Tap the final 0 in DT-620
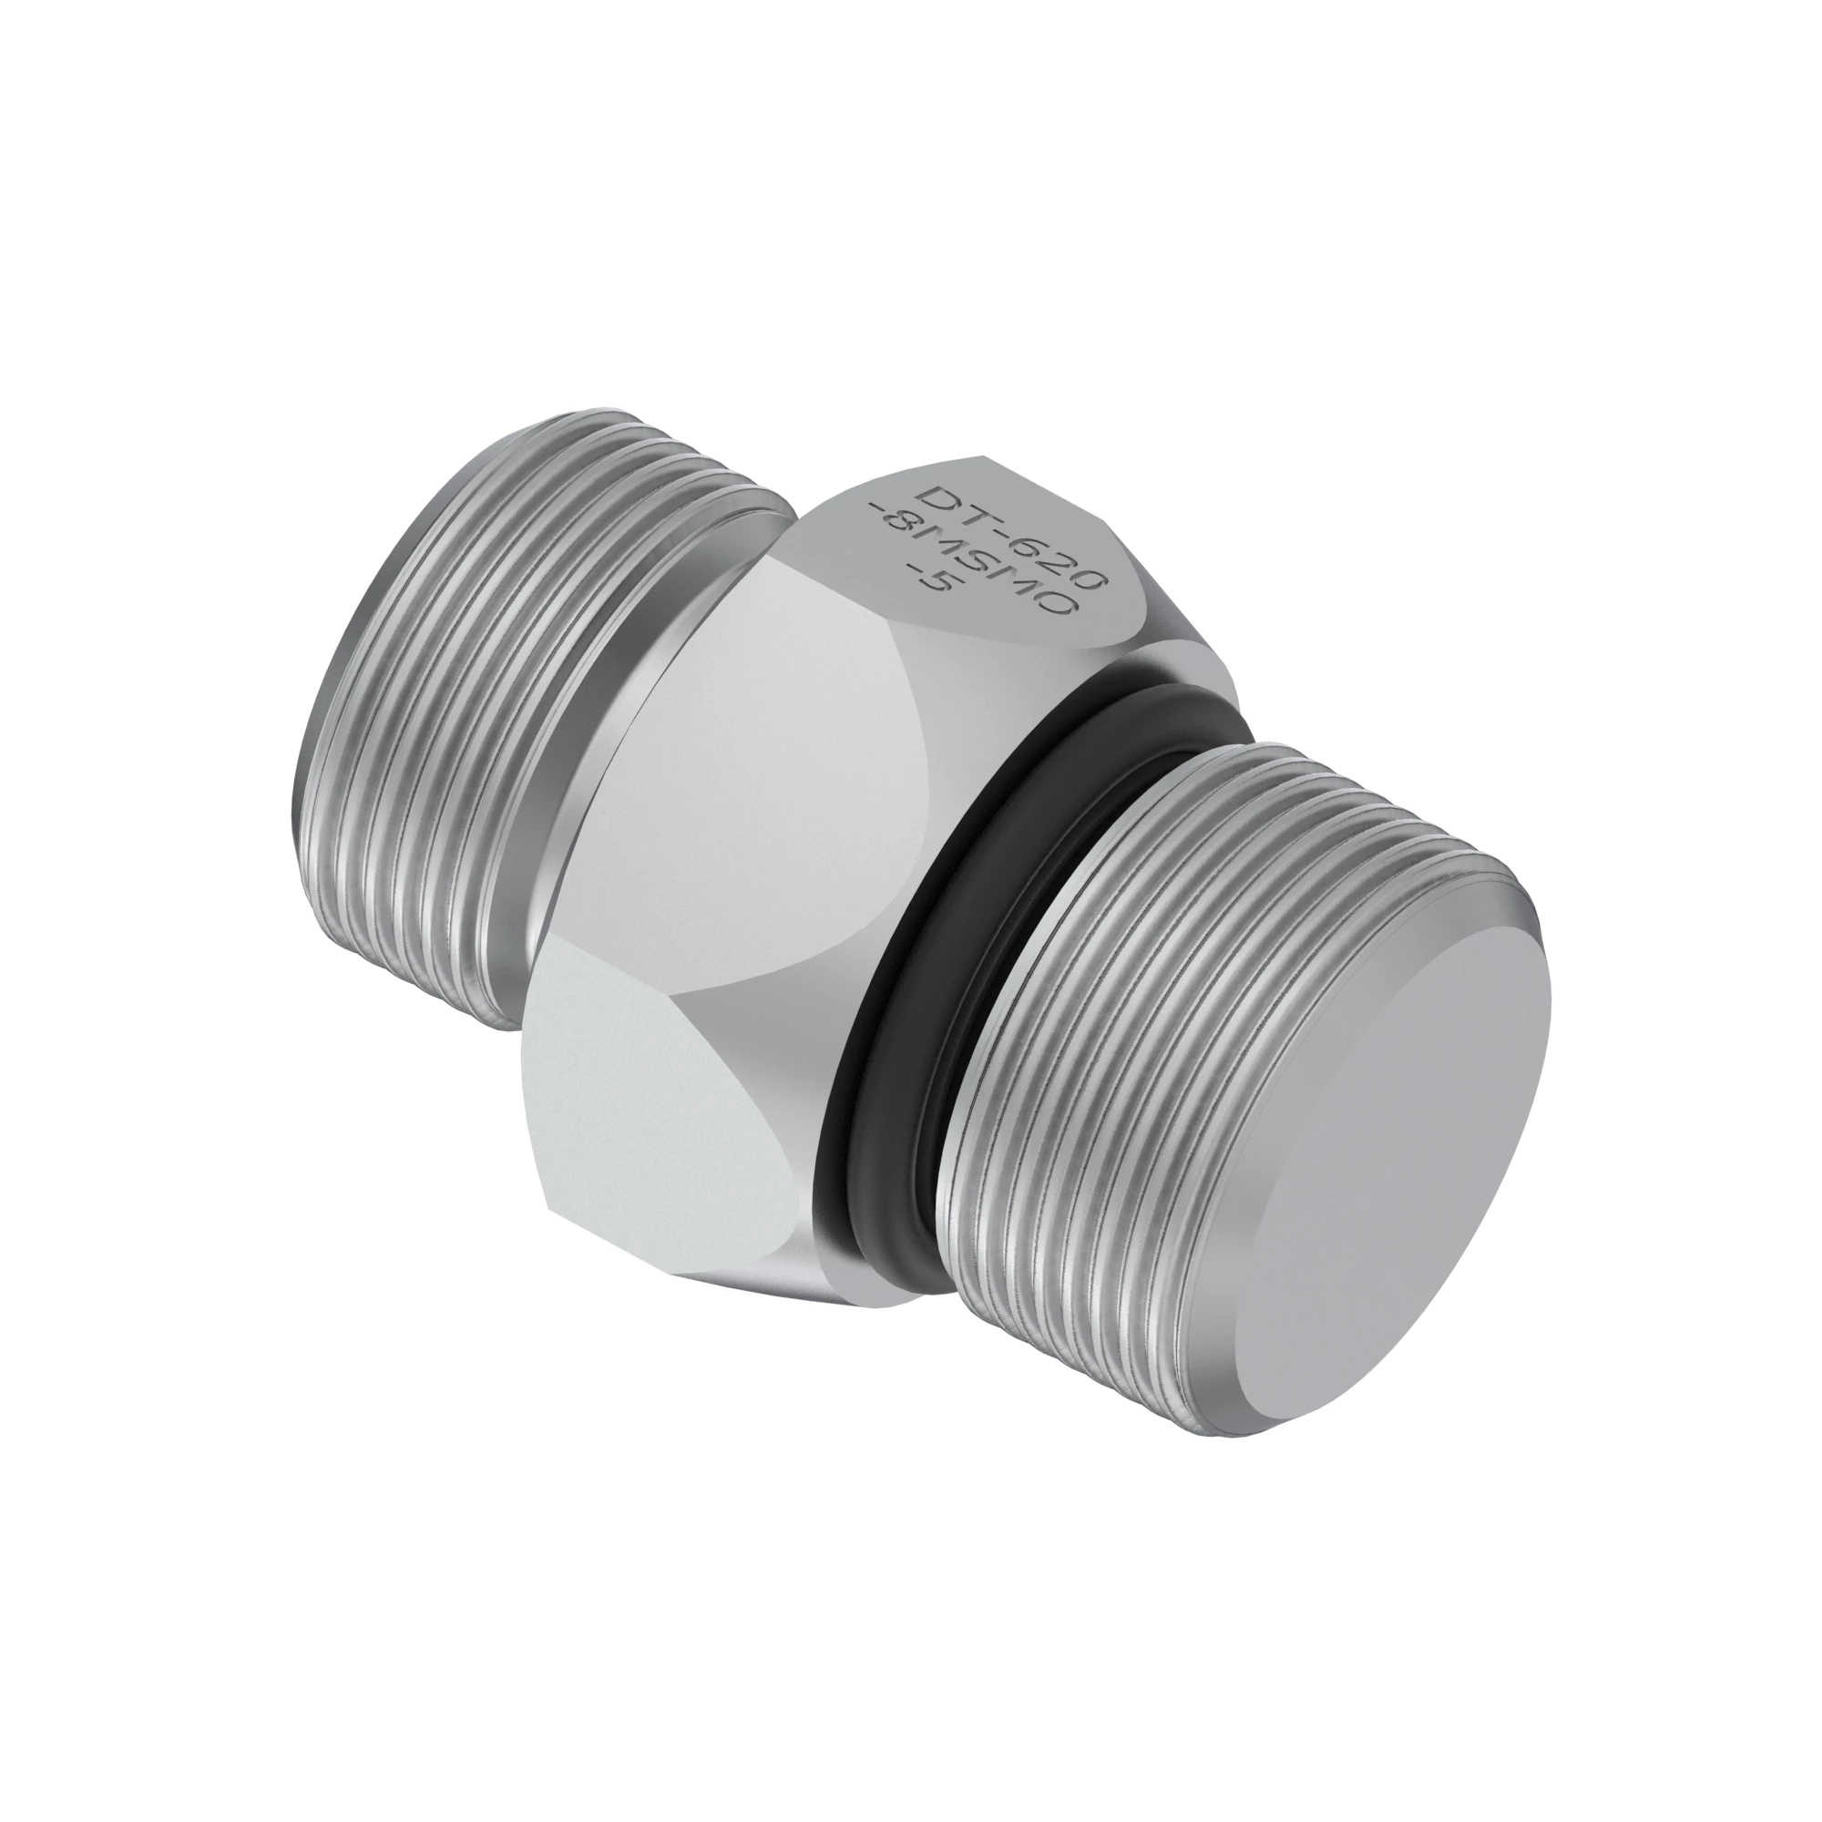1088,578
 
